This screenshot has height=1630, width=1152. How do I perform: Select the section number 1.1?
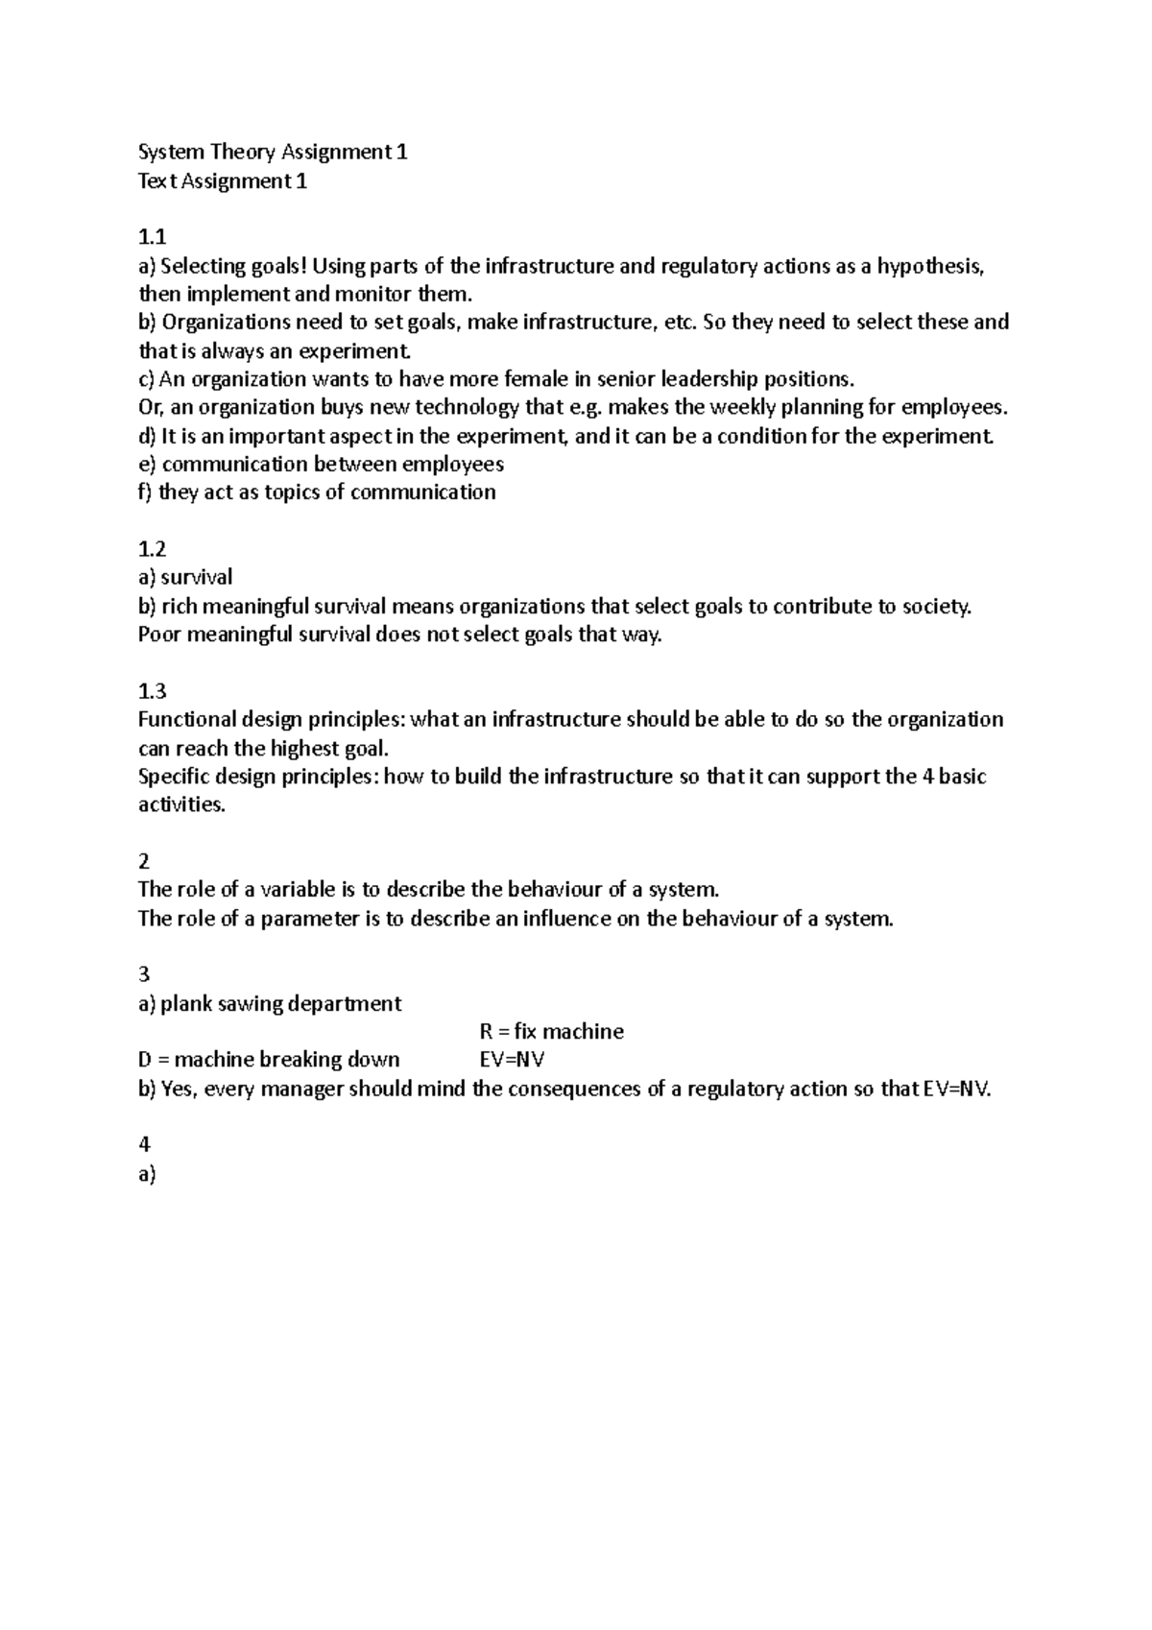152,237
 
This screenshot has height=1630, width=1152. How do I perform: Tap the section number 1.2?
152,549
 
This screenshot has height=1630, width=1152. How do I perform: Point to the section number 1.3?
152,691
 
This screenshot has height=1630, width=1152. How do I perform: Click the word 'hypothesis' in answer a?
929,266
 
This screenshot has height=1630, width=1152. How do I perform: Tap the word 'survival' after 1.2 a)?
197,577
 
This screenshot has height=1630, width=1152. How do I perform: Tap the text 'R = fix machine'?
551,1032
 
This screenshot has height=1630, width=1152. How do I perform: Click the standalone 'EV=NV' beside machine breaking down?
512,1060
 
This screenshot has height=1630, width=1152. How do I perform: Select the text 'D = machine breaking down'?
269,1060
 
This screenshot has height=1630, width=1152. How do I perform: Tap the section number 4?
144,1144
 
